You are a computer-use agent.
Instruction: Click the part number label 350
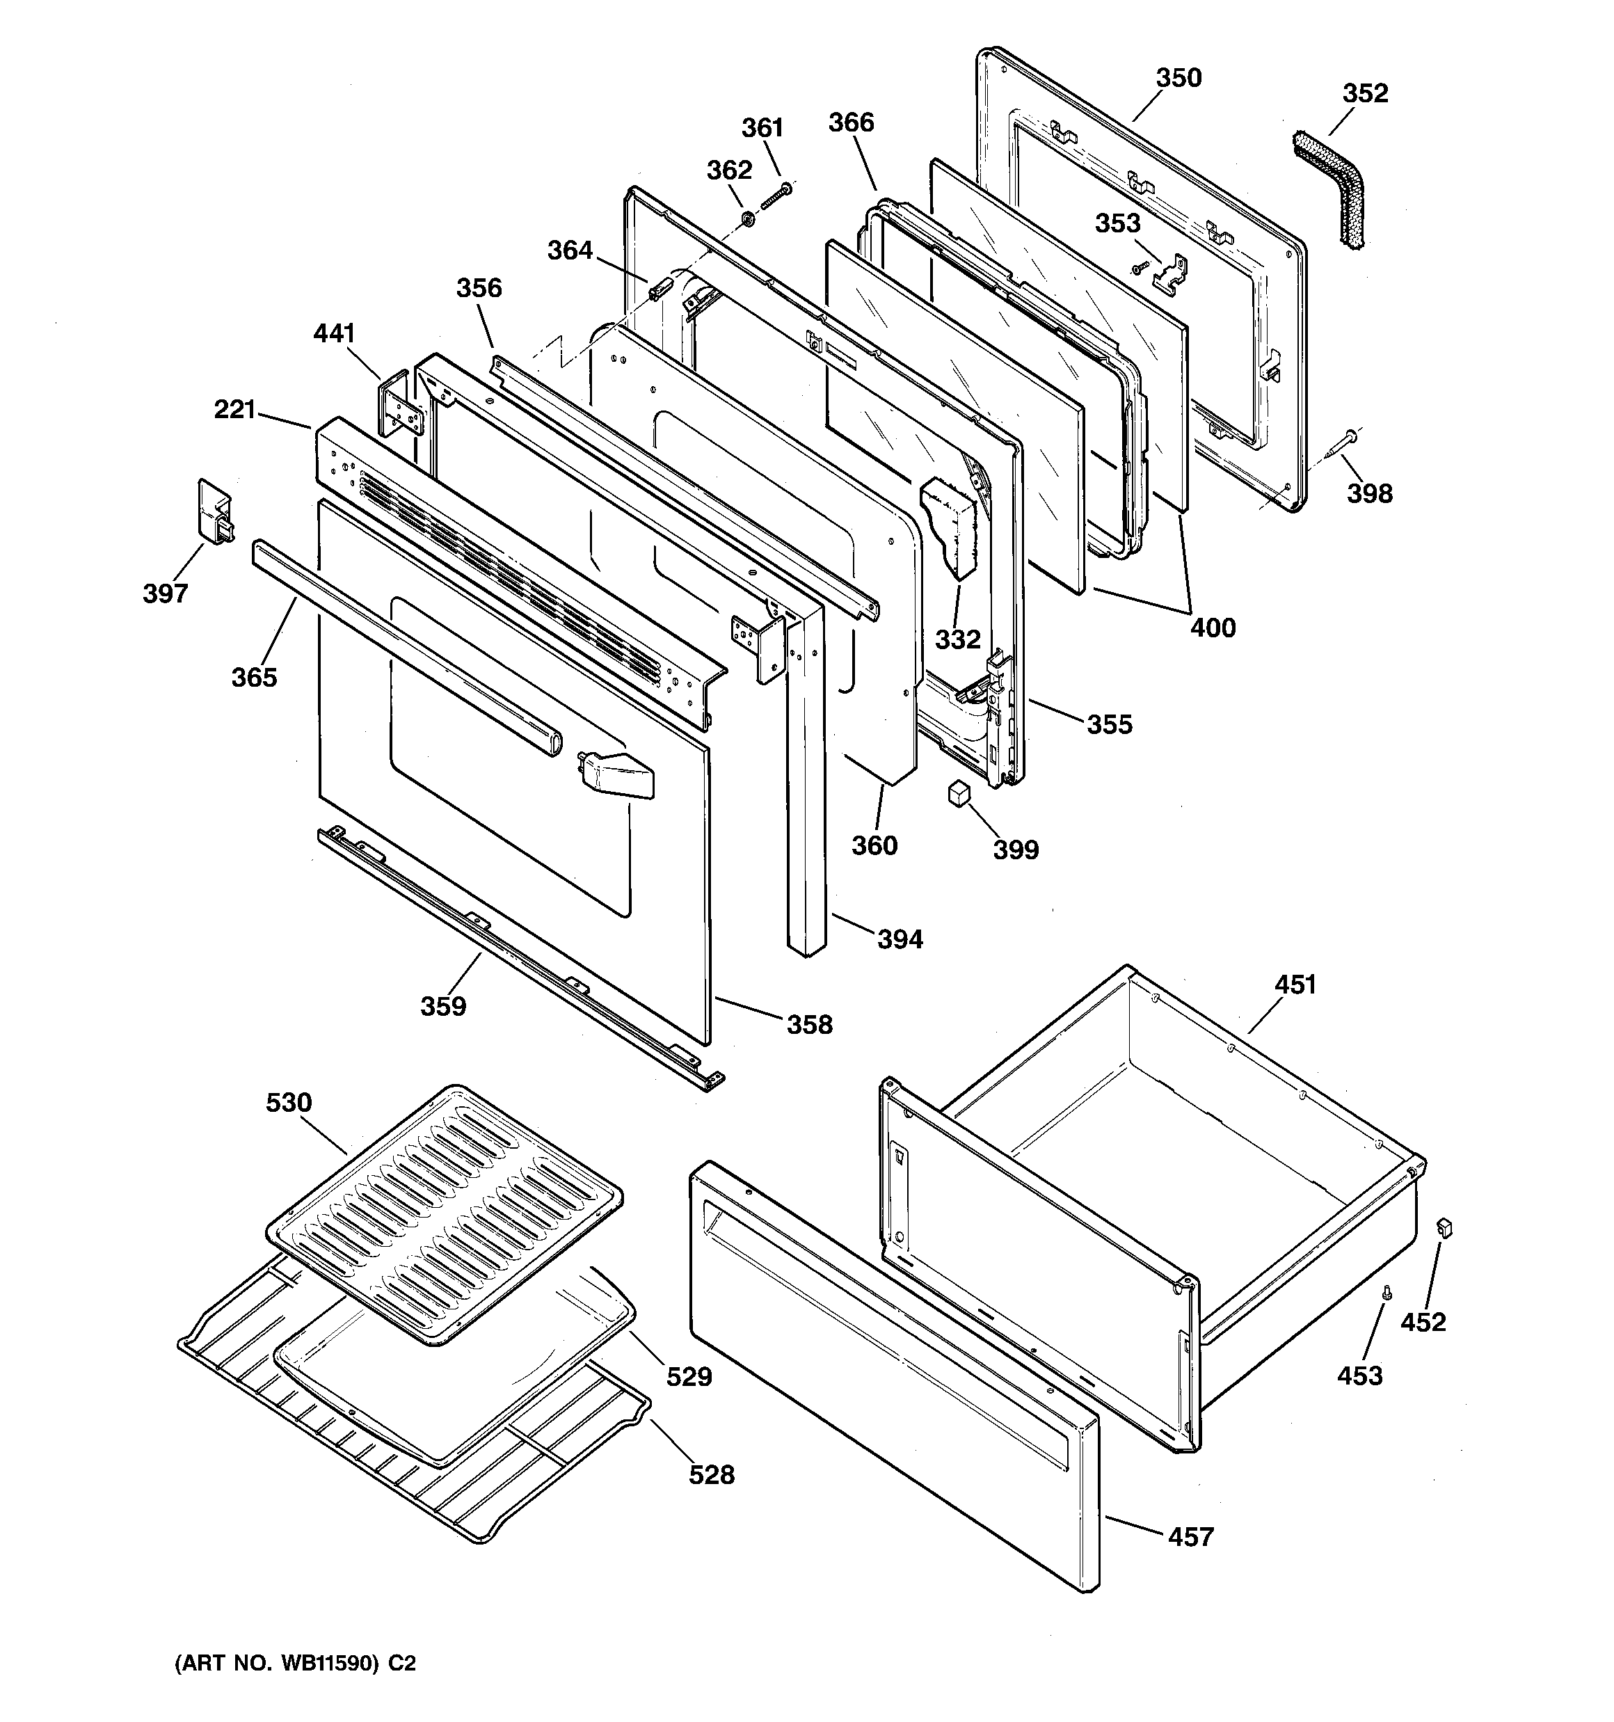(1178, 78)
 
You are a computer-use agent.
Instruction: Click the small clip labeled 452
(1444, 1228)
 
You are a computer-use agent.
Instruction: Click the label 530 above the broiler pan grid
(289, 1103)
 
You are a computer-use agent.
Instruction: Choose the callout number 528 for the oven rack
(711, 1474)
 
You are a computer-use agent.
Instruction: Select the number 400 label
(1212, 627)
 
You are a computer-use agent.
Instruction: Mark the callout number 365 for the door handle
(254, 676)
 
